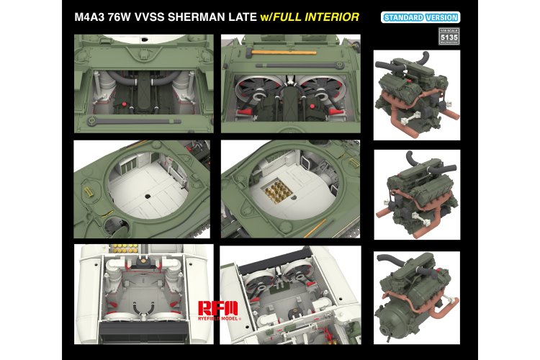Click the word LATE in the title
point(233,17)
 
